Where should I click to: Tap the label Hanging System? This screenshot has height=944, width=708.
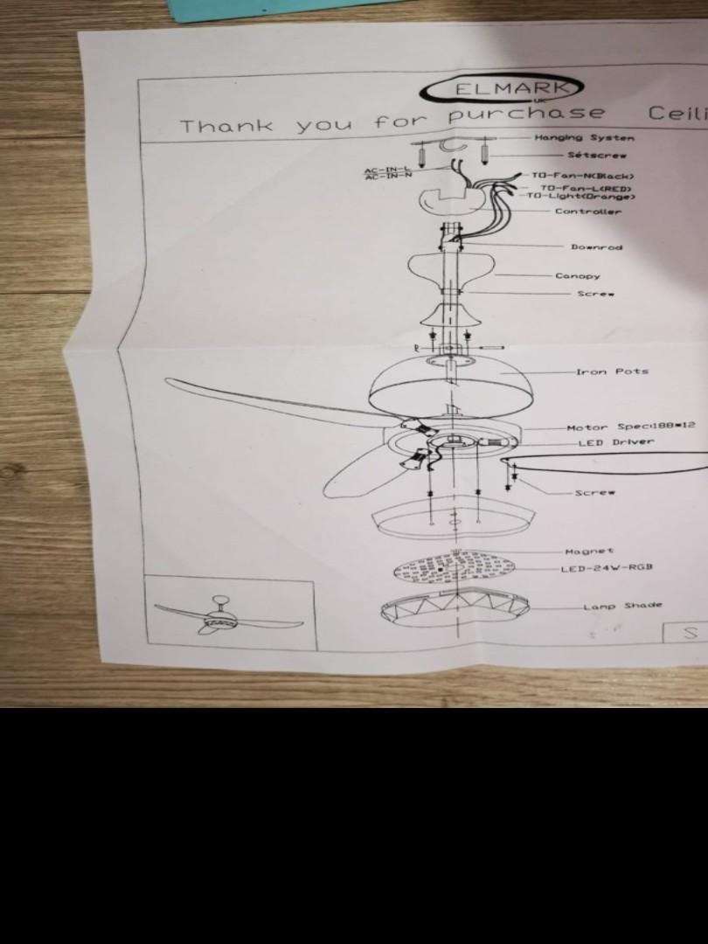(584, 137)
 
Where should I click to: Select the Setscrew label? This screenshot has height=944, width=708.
(596, 155)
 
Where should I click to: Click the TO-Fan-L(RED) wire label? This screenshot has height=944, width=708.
(585, 188)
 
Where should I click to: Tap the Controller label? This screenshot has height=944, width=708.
(588, 212)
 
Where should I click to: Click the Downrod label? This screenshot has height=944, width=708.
(596, 247)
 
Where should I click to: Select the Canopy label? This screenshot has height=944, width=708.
(578, 276)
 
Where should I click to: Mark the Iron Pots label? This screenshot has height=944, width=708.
(612, 371)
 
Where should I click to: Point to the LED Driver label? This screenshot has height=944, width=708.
(615, 442)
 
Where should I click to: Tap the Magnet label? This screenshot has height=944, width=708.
(589, 552)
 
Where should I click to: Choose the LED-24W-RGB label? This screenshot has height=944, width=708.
(607, 568)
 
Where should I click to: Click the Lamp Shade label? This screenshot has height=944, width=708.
(622, 606)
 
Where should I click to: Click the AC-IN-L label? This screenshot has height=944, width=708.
(387, 169)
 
